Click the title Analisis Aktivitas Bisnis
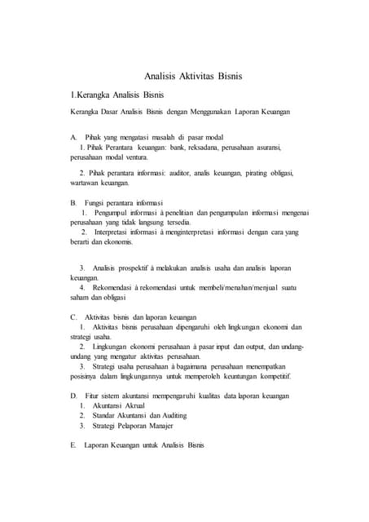coord(193,77)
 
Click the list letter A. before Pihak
coord(74,136)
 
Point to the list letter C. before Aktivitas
coord(74,316)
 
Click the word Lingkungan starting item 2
coord(116,347)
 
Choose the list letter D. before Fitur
coord(74,396)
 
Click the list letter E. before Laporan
coord(74,445)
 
